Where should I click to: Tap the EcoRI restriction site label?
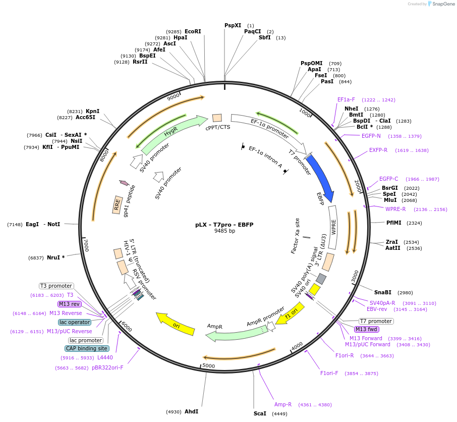pos(193,31)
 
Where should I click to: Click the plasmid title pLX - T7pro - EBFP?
pos(224,225)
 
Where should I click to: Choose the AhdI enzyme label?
pos(191,412)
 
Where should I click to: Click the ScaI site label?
pos(260,413)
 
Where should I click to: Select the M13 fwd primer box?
pos(367,330)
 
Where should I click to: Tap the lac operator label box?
pos(75,322)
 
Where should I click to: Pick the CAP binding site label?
pos(87,348)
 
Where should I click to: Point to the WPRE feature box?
pos(332,227)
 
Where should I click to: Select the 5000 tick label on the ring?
pos(208,366)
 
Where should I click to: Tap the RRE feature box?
pos(118,204)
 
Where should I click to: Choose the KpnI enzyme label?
pos(92,111)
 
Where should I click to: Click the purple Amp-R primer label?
pos(283,404)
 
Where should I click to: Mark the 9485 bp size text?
pos(224,231)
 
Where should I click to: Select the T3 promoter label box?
pos(56,286)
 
